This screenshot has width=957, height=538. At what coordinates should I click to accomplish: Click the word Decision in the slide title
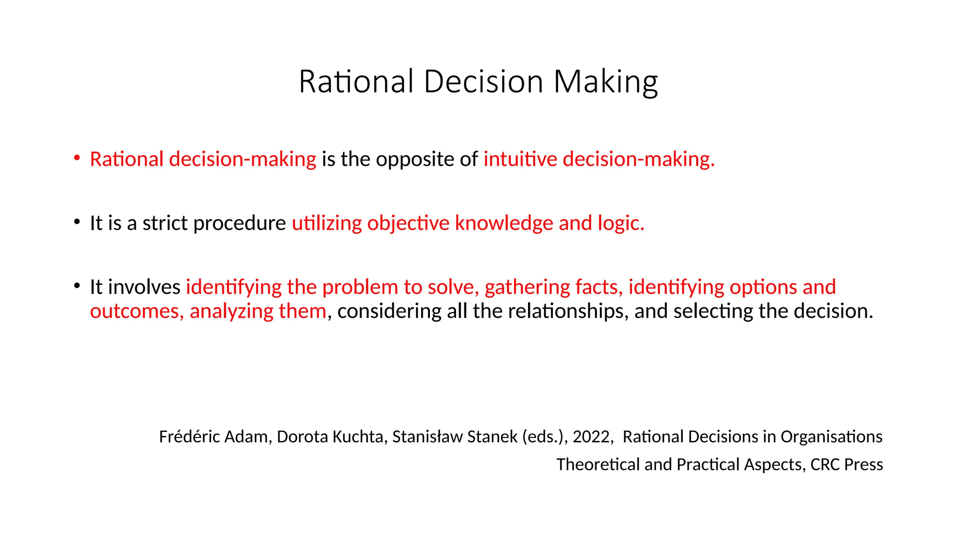coord(483,82)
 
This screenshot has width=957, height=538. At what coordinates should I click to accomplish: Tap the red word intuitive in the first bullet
coord(520,159)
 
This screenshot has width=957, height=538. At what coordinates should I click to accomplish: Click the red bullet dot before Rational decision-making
coord(77,157)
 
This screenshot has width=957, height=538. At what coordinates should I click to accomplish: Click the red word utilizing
coord(327,223)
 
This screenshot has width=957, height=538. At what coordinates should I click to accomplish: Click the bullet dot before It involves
coord(77,285)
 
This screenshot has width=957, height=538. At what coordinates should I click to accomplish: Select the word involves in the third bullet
coord(144,287)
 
